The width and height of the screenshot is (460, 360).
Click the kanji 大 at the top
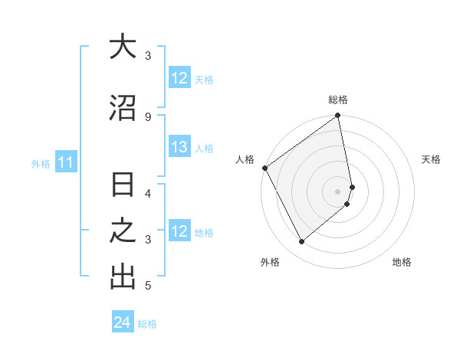point(123,47)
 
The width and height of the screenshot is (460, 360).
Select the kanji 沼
point(123,108)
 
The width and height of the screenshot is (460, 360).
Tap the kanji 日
point(123,186)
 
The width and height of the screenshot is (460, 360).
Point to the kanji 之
point(123,231)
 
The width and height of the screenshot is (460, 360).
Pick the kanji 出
point(123,277)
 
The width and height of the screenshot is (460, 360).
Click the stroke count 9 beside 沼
point(148,116)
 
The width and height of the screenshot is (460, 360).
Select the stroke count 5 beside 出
point(148,286)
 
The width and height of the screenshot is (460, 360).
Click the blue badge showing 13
point(179,148)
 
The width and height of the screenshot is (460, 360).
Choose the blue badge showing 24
point(123,323)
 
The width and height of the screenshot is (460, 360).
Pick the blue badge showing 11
point(66,162)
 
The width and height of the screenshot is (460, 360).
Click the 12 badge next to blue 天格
point(179,79)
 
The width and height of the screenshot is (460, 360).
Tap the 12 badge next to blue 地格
point(179,231)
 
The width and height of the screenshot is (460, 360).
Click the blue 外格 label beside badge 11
point(41,163)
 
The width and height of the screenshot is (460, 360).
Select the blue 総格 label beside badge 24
point(147,324)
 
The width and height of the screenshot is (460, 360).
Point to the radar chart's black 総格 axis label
point(338,100)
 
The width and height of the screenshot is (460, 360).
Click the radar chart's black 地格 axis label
point(402,262)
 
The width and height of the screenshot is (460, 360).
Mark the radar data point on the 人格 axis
point(264,168)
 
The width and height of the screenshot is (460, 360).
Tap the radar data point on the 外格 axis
point(301,241)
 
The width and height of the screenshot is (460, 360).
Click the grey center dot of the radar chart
point(338,191)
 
